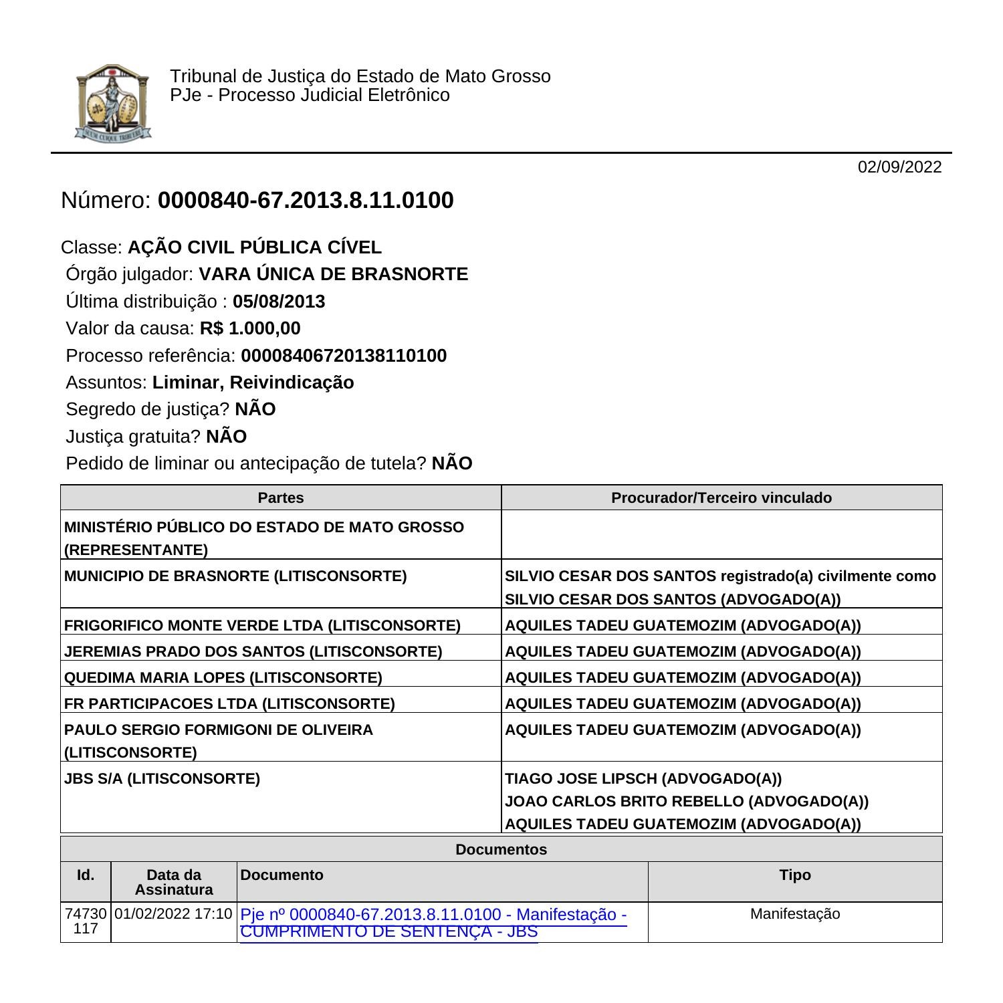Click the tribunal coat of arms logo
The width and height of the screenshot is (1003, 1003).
112,102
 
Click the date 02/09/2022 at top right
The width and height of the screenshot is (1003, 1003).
899,167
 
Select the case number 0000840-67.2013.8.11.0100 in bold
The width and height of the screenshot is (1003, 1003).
306,201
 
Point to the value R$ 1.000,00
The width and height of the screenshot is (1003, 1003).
250,328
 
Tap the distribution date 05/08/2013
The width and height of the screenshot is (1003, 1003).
279,302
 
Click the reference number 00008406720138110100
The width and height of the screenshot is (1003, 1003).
344,356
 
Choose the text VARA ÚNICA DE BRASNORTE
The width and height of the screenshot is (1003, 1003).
334,275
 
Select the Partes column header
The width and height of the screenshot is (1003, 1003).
281,498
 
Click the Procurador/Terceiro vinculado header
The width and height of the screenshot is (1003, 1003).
721,498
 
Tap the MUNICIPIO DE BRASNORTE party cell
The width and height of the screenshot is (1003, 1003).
235,576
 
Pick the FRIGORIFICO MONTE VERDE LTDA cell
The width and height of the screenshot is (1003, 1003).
262,626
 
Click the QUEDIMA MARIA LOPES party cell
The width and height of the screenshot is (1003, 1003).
223,678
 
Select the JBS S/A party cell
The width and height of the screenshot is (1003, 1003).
162,779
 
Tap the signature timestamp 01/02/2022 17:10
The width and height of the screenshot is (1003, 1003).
174,914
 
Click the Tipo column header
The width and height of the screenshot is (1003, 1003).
795,875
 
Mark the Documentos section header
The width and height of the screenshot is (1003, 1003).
501,850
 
